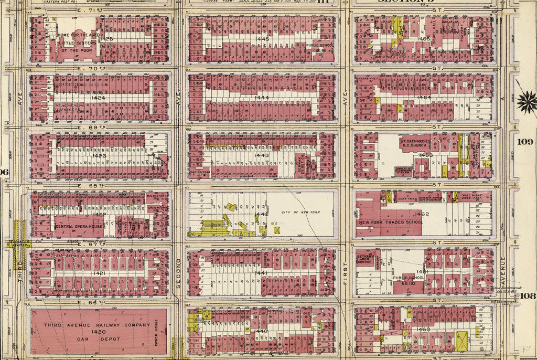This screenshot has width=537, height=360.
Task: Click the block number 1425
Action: [107, 39]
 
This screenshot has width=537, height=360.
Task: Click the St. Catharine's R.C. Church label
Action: [414, 144]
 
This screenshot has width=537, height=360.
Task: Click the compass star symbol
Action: [526, 101]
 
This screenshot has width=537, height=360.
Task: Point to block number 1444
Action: [262, 98]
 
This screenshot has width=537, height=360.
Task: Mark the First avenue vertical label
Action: [345, 273]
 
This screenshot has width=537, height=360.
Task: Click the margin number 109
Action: [524, 142]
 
